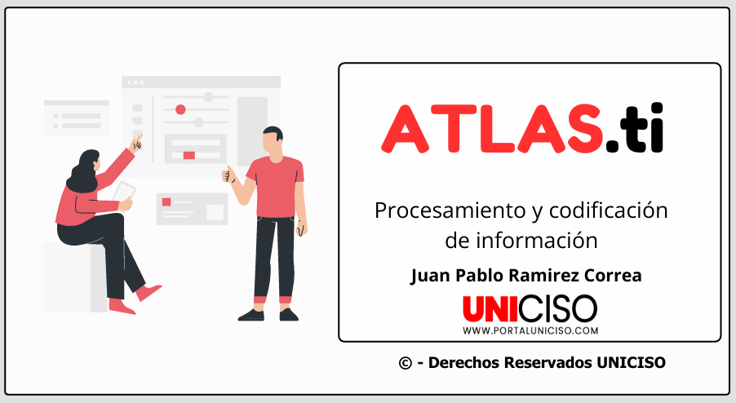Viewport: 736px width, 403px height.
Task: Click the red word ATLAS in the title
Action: click(x=492, y=129)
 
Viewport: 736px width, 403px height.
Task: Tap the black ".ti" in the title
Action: click(x=635, y=127)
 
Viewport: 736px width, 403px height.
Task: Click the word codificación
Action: click(x=608, y=210)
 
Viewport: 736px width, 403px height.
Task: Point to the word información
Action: click(x=537, y=240)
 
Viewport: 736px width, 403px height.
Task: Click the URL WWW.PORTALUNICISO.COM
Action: click(x=530, y=330)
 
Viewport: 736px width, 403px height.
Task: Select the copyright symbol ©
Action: click(x=405, y=363)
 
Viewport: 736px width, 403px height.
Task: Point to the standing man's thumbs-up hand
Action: click(x=228, y=174)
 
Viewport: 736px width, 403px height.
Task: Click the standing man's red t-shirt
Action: click(x=276, y=187)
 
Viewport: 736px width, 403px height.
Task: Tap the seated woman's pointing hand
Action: click(x=136, y=142)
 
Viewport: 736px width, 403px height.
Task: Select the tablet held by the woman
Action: click(x=124, y=193)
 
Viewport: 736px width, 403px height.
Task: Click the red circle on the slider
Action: click(x=180, y=110)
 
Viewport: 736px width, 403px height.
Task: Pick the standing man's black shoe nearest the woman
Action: click(x=251, y=315)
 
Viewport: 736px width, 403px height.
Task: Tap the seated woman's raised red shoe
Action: click(x=149, y=292)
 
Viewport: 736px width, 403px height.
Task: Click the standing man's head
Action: click(x=273, y=139)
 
